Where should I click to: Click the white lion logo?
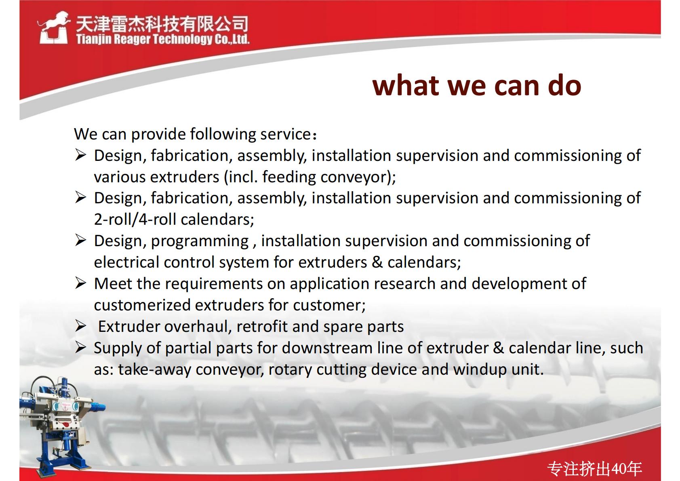[53, 28]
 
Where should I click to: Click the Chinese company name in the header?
[162, 24]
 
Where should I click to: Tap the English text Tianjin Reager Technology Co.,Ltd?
[163, 40]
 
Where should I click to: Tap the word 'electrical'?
[126, 262]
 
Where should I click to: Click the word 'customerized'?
[142, 305]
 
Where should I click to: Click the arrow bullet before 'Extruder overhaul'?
[81, 327]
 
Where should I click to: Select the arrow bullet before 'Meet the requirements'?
[81, 283]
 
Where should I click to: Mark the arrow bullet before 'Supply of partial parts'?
[81, 347]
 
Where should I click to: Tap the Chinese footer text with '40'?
[594, 469]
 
